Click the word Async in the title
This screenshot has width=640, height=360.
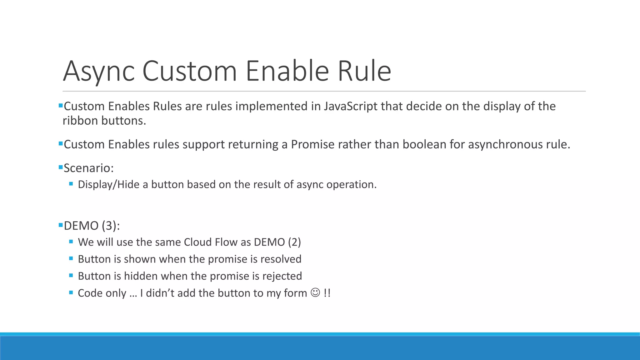click(x=99, y=71)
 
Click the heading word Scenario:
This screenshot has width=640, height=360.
click(x=88, y=168)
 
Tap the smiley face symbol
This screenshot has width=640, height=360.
click(x=315, y=293)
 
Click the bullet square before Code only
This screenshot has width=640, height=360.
click(x=71, y=293)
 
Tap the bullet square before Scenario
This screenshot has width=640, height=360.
click(x=61, y=167)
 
